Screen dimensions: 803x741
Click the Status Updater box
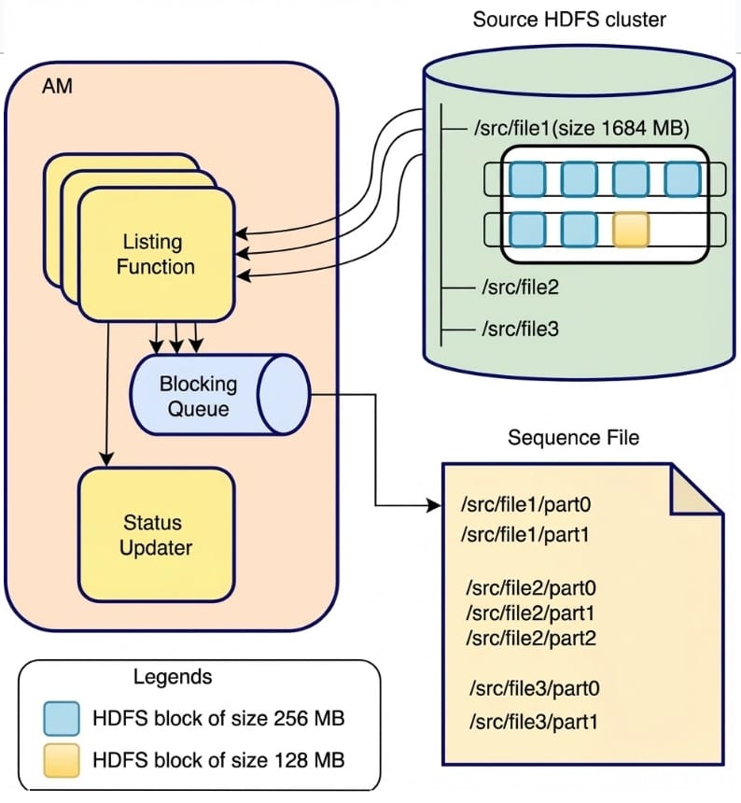155,535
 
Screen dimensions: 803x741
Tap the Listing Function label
155,254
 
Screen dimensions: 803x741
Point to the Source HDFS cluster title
569,19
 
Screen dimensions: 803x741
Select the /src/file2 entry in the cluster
520,288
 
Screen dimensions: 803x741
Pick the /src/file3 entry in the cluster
520,329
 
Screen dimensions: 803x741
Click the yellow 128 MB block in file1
631,229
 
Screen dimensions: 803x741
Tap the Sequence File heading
574,437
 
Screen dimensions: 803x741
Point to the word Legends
173,677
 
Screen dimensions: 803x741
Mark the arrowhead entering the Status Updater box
107,460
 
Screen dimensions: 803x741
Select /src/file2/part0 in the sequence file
531,588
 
